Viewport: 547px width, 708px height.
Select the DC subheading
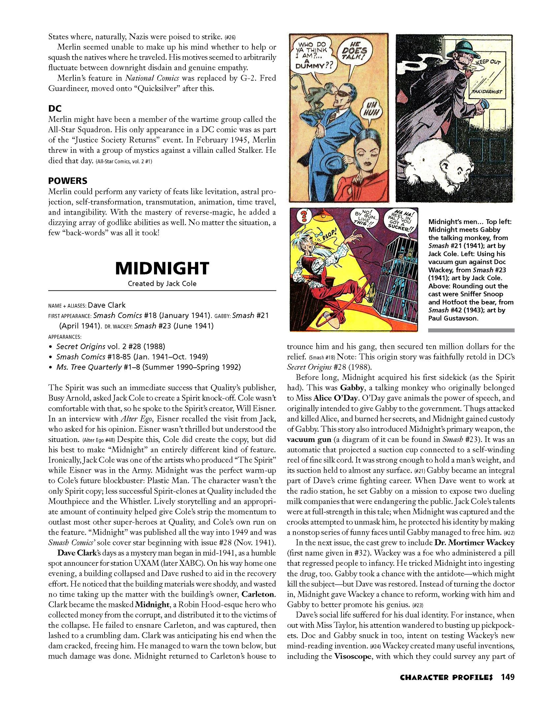click(x=55, y=108)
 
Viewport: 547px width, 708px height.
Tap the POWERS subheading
click(x=68, y=181)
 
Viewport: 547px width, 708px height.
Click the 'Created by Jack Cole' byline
click(x=162, y=284)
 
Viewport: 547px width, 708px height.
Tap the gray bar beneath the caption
click(x=471, y=330)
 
